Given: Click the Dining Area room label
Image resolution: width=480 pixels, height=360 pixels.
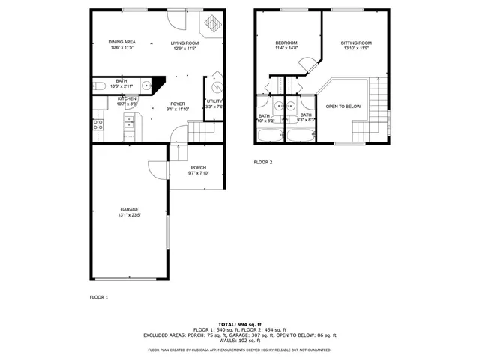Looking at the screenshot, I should point(121,43).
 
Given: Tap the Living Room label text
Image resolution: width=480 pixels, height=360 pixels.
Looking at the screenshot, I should point(184,43).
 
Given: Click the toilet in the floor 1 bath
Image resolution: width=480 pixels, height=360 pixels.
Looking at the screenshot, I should point(98,87).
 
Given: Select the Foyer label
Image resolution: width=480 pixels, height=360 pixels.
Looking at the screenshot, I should point(177,104).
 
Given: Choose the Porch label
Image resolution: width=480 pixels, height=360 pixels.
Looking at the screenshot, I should point(198,167).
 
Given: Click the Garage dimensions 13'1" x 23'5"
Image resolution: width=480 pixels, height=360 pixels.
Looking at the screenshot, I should point(129,215).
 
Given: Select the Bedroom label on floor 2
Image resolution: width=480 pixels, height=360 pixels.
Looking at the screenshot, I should point(286,43).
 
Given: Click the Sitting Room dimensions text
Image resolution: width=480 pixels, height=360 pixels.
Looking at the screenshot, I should point(356,49).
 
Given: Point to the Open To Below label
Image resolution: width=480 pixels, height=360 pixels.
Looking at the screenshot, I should point(343,106).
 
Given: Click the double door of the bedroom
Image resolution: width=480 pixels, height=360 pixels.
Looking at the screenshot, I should point(305,66).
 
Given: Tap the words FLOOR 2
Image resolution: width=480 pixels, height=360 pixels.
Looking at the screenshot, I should point(262,162).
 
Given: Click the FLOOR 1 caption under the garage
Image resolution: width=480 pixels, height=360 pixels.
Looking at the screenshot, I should point(99,297).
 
